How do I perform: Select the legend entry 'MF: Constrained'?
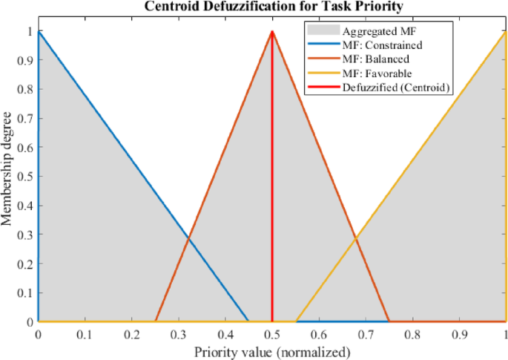coord(381,45)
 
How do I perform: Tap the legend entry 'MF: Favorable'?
coord(377,73)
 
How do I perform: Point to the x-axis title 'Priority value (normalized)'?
coord(271,351)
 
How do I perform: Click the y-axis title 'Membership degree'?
coord(9,177)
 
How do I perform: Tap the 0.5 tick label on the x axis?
coord(272,335)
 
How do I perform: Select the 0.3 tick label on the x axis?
coord(178,335)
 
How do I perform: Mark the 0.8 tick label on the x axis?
coord(412,335)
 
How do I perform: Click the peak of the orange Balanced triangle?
coord(272,32)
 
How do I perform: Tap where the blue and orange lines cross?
coord(188,238)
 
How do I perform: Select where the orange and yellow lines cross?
coord(356,238)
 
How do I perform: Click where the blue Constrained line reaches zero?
coord(248,321)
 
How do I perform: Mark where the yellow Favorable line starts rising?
coord(296,321)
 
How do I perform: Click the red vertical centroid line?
coord(272,186)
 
